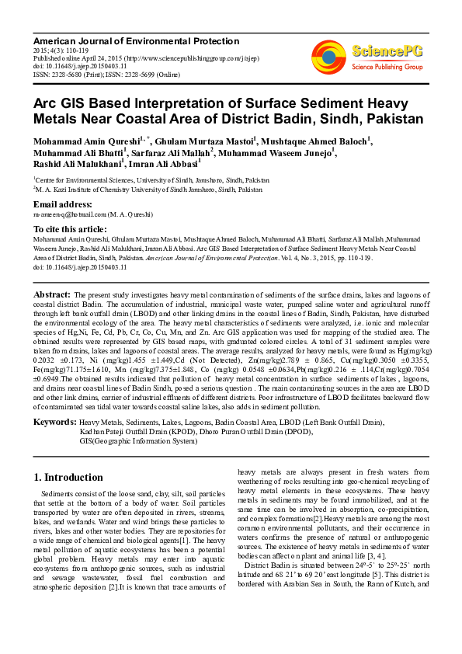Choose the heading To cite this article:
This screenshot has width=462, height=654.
click(70, 229)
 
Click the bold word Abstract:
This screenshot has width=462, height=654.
click(53, 295)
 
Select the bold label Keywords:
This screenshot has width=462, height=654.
click(54, 421)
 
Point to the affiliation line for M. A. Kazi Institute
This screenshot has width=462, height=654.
click(148, 189)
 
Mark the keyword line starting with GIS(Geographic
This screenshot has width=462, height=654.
click(138, 440)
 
